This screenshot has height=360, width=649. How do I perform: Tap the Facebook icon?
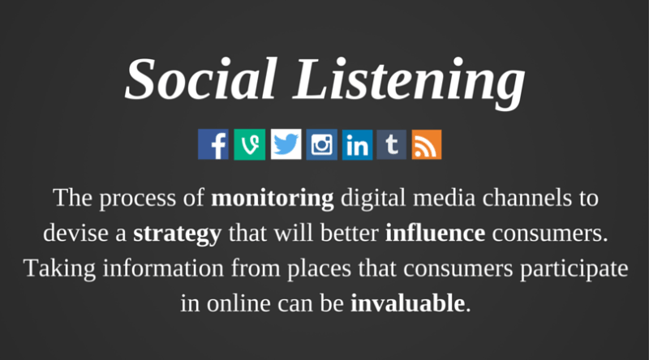[x=213, y=144]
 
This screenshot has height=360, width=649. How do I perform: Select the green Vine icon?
[x=249, y=144]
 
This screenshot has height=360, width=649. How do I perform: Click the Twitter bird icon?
[x=285, y=144]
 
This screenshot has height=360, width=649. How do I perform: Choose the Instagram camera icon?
[x=321, y=144]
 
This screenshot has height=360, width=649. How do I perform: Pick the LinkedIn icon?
[x=357, y=144]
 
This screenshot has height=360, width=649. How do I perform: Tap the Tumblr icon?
[x=392, y=144]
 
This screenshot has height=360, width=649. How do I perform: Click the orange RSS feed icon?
[x=427, y=144]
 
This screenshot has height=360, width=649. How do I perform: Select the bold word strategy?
[x=177, y=234]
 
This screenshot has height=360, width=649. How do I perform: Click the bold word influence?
[x=435, y=234]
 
